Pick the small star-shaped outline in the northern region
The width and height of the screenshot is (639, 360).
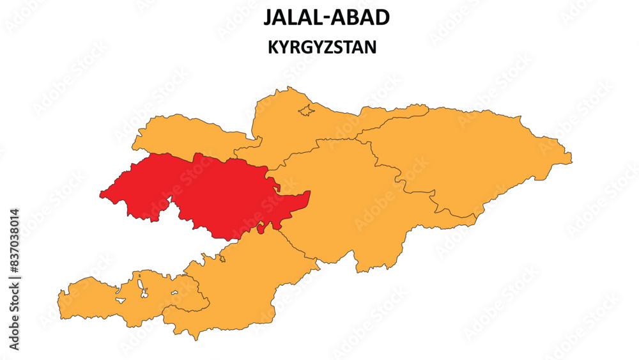tap(307, 109)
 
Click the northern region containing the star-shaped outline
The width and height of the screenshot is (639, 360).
tap(300, 134)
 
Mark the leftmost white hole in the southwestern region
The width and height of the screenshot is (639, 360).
tap(119, 295)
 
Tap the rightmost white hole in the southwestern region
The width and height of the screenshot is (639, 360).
tap(174, 293)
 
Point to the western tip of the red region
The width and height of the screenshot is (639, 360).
tap(100, 194)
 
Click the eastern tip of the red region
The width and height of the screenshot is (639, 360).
tap(309, 192)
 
